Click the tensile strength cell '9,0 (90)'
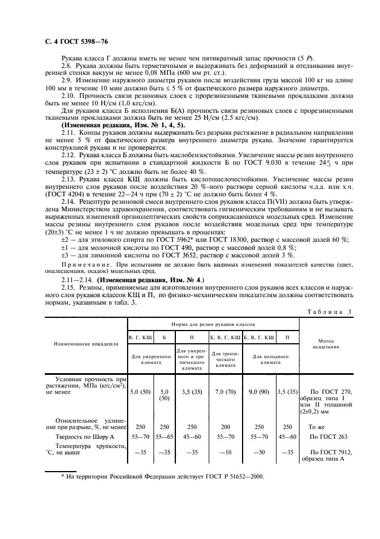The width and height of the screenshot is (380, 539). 259,392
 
